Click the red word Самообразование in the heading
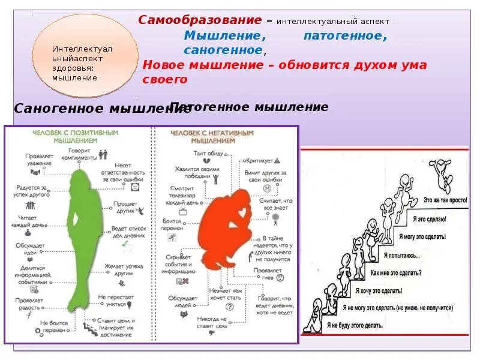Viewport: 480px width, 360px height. [200, 20]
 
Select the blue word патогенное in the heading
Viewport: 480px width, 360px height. [345, 36]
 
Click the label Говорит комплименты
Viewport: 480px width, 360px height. [82, 154]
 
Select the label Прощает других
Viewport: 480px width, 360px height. [124, 208]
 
